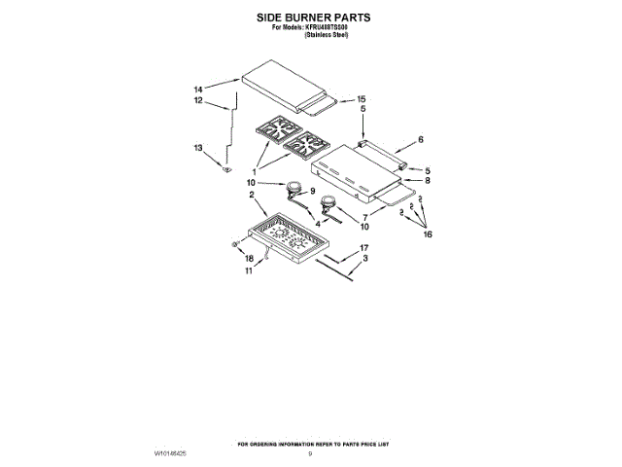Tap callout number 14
click(199, 89)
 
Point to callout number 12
click(197, 101)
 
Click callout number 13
click(198, 148)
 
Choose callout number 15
click(362, 99)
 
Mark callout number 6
click(421, 140)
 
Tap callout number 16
click(427, 234)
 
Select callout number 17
click(364, 249)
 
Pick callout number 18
click(248, 258)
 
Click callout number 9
click(313, 191)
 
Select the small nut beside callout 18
click(236, 245)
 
